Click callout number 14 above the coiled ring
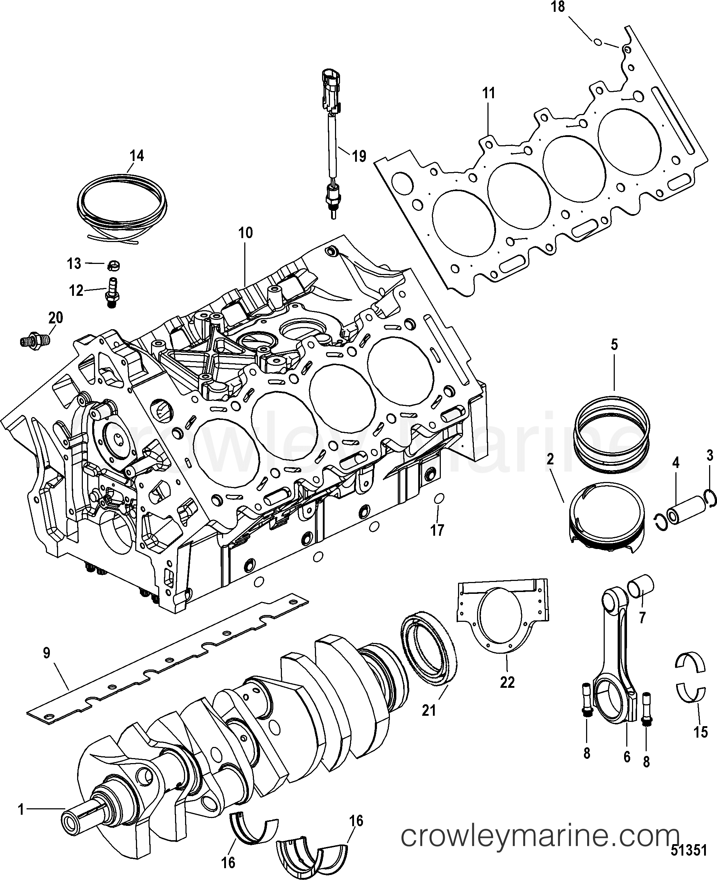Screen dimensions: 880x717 pos(137,156)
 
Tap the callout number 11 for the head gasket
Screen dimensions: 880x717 pos(488,93)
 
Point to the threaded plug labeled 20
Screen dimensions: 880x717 pos(35,341)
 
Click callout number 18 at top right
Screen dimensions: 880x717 pos(558,7)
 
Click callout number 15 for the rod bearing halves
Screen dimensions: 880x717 pos(701,732)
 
